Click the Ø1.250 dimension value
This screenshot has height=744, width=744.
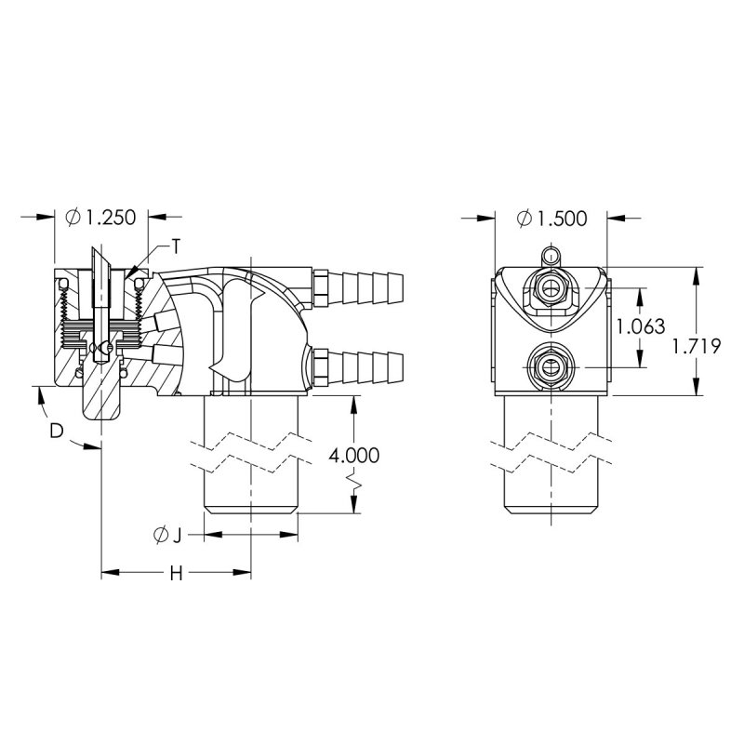[100, 218]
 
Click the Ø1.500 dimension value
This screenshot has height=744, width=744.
[552, 219]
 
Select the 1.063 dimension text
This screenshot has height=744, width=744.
[640, 326]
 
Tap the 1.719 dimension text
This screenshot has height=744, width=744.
[696, 346]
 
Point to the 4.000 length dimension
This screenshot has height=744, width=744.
[354, 456]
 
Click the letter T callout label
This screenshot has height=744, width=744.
[176, 246]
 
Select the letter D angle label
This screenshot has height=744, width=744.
[57, 431]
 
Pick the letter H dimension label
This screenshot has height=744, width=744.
[177, 574]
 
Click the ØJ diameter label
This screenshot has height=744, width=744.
[168, 536]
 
